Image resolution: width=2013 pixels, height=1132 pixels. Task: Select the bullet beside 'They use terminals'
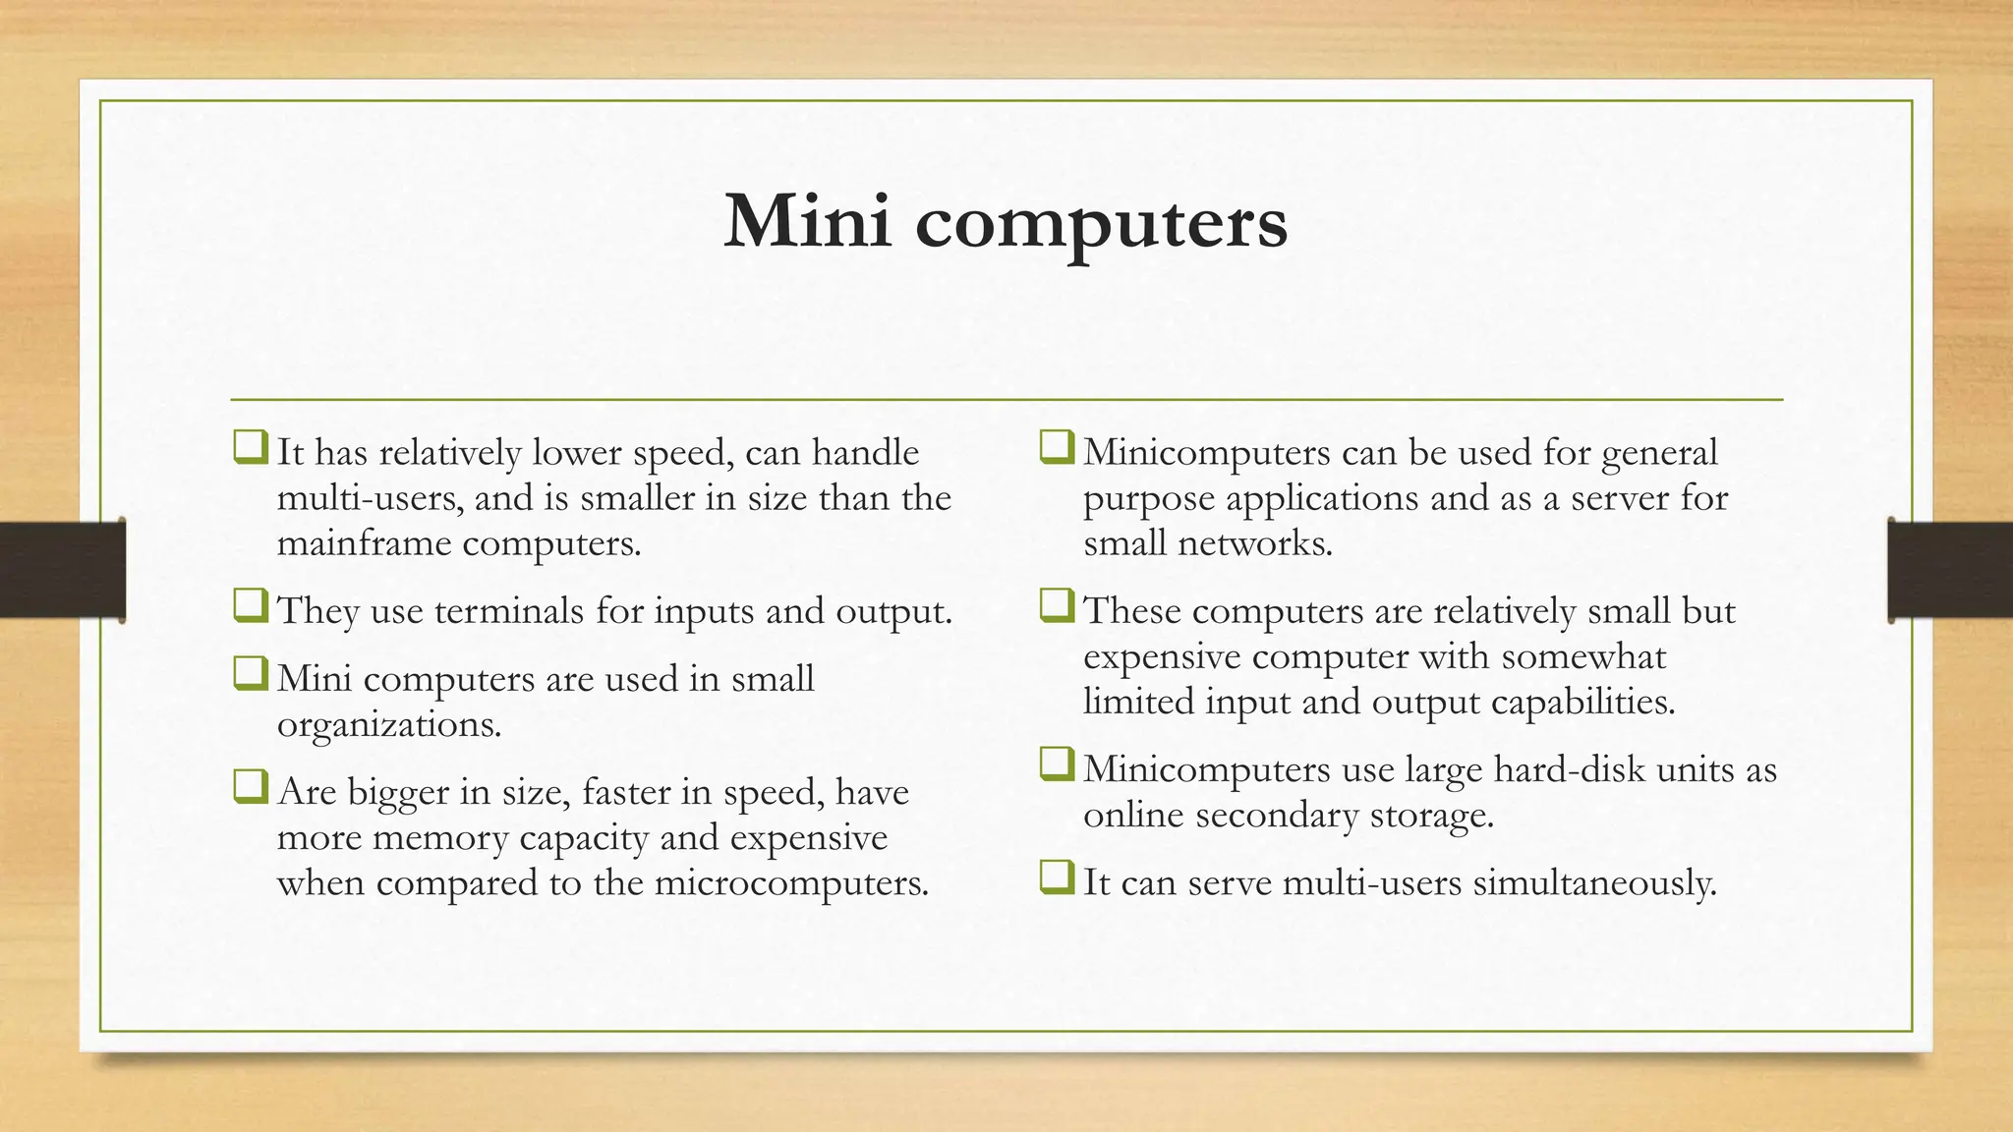point(250,606)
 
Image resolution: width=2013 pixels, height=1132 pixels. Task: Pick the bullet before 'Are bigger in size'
point(250,787)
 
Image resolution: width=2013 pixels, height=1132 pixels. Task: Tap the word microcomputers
point(790,882)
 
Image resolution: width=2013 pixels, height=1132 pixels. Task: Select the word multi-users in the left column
point(370,498)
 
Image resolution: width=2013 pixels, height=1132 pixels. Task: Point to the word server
point(1619,498)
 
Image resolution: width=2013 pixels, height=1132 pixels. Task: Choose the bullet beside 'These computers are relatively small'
point(1057,606)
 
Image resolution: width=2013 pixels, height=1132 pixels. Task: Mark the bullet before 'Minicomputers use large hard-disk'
point(1057,764)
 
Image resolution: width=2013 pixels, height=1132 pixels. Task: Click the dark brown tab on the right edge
point(1950,570)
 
